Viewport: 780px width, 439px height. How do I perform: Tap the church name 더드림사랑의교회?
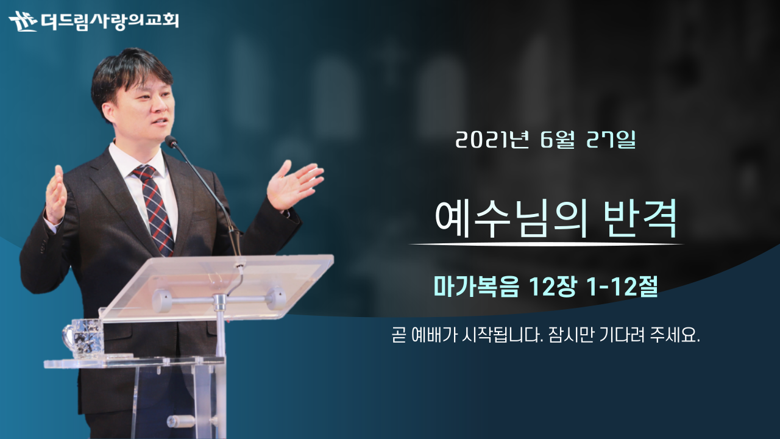[x=110, y=21]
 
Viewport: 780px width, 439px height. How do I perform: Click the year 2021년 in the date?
[x=492, y=140]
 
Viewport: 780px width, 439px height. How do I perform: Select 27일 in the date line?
[x=611, y=140]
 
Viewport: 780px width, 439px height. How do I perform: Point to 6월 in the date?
[x=558, y=140]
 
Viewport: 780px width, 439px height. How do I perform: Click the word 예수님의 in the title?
[x=511, y=218]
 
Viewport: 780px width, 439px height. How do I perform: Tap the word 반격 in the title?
[x=639, y=218]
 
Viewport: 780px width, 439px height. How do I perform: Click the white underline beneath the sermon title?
[x=545, y=244]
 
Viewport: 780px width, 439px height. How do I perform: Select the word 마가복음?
[x=476, y=287]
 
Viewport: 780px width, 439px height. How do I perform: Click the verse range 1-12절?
[x=622, y=287]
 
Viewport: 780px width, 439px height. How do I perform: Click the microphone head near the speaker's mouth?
[x=171, y=141]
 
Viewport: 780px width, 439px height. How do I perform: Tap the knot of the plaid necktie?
[x=144, y=172]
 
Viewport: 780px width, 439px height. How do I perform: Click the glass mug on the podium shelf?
[x=83, y=338]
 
